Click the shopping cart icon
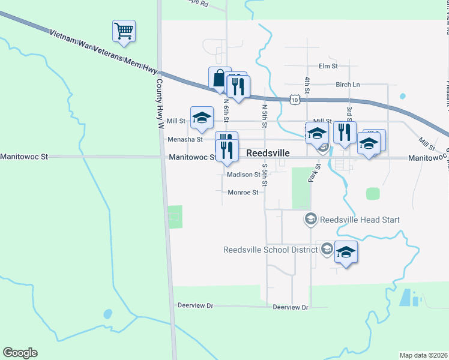click(x=124, y=31)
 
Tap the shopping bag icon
click(x=218, y=79)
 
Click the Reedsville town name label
click(x=268, y=154)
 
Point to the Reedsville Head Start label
click(x=360, y=220)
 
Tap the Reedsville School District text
click(x=271, y=249)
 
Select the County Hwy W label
click(x=160, y=104)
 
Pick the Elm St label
click(x=329, y=65)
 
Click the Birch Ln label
click(x=348, y=85)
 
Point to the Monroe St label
click(x=243, y=193)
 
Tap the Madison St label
click(x=243, y=175)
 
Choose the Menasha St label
click(x=184, y=139)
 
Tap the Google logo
click(x=20, y=353)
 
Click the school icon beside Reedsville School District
click(x=346, y=252)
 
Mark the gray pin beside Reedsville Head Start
click(x=310, y=220)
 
